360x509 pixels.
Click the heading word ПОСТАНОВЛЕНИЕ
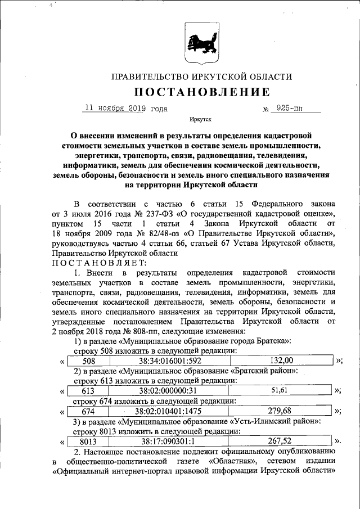[x=201, y=92]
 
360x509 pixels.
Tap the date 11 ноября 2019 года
[x=125, y=109]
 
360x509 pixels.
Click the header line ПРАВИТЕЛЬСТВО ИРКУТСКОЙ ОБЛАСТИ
[x=201, y=76]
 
